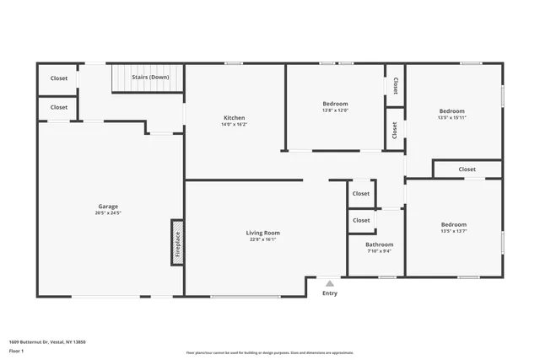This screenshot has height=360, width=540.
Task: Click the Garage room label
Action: tap(107, 207)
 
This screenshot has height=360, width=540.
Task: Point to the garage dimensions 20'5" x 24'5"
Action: tap(107, 213)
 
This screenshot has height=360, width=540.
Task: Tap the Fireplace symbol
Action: tap(177, 243)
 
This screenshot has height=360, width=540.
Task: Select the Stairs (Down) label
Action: tap(150, 78)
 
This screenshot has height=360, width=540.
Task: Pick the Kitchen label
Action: tap(234, 117)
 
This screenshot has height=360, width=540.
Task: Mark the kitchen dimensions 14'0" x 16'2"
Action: tap(234, 125)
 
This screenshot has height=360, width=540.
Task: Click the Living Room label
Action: tap(262, 233)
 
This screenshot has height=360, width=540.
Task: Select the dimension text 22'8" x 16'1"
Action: tap(262, 239)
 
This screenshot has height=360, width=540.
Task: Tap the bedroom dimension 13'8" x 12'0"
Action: tap(335, 110)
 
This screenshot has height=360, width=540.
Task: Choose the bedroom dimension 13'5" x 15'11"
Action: tap(451, 118)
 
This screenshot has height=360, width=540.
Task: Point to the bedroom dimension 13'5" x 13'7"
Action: tap(453, 231)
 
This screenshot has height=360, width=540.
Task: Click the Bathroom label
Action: tap(379, 244)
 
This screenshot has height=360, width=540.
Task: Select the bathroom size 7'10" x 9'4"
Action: tap(379, 251)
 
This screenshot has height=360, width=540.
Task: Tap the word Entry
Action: tap(329, 293)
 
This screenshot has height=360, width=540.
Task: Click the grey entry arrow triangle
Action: tap(329, 283)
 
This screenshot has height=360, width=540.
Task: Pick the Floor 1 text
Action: tap(16, 351)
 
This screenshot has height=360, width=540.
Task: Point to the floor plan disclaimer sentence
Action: tap(269, 353)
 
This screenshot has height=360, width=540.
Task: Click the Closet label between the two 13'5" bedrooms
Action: tap(467, 169)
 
